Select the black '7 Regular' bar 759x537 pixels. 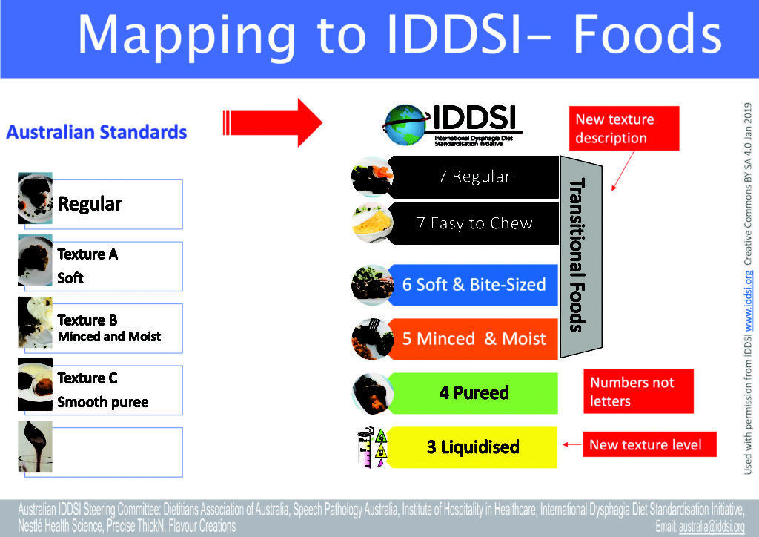(474, 177)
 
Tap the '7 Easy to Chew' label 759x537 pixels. (474, 223)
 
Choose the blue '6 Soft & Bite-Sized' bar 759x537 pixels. (474, 285)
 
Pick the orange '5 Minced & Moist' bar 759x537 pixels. (474, 339)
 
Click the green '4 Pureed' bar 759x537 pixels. (474, 392)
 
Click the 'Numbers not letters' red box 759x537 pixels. (638, 392)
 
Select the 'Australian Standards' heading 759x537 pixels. (96, 133)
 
